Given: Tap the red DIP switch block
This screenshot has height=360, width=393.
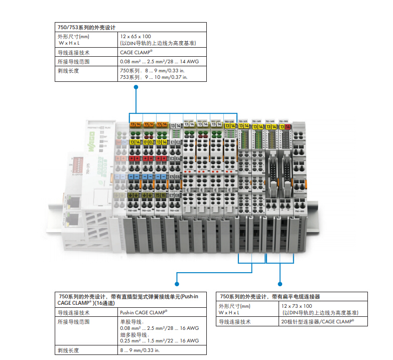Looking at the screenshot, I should point(77,164).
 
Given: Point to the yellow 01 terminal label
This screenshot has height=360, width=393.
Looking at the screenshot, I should point(146,142).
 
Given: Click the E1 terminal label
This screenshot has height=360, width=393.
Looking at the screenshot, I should point(173,142).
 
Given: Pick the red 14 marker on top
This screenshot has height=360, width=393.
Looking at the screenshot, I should point(288,127).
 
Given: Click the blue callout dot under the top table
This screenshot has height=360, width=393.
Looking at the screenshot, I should point(135,87).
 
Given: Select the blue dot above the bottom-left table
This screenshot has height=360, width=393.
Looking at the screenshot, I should point(176,274).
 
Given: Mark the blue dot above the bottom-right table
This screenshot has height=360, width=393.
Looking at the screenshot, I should point(279,274).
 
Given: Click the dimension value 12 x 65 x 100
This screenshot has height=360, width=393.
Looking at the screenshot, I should point(136,37).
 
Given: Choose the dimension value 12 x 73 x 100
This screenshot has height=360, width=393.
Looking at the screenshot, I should point(297,306).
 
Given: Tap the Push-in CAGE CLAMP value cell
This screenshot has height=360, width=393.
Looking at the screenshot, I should point(144,312).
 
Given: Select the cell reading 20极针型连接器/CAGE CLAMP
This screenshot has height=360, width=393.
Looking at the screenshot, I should point(317,321).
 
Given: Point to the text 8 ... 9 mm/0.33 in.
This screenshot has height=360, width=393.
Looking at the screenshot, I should point(139,350).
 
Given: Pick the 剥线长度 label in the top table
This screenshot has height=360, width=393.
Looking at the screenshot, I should point(68,71).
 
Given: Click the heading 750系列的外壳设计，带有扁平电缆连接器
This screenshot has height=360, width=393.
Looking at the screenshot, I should point(271,297).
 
